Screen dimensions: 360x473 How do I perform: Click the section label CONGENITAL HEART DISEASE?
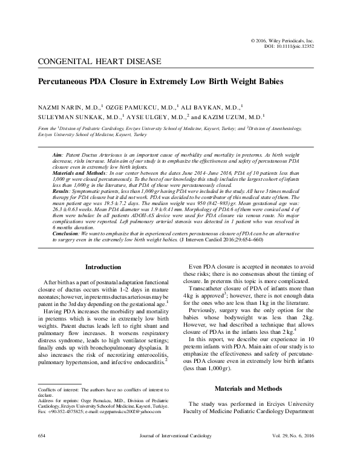pyautogui.click(x=99, y=62)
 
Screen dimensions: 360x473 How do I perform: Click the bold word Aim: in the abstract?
pyautogui.click(x=59, y=155)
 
